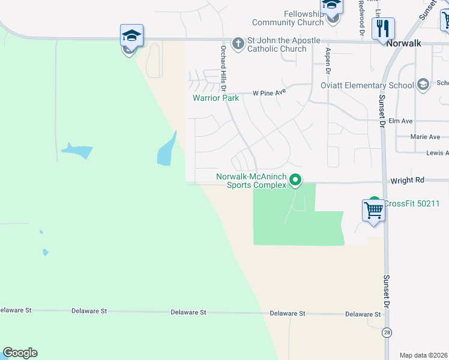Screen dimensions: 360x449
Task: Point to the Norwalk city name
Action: click(405, 43)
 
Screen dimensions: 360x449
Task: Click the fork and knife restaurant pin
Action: click(382, 28)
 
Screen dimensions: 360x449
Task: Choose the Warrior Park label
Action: click(215, 98)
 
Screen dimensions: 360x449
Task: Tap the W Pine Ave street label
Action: click(270, 93)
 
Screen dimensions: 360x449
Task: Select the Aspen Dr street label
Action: click(328, 61)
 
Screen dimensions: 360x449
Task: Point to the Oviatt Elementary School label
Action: click(367, 85)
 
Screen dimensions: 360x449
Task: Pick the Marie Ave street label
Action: click(425, 137)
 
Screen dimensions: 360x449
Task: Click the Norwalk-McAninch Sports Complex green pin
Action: click(295, 179)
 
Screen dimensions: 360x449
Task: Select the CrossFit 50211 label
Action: click(412, 203)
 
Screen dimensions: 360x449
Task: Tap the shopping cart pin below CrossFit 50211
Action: click(373, 211)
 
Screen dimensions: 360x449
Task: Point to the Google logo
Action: click(20, 353)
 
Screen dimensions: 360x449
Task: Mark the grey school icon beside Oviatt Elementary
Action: click(423, 84)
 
